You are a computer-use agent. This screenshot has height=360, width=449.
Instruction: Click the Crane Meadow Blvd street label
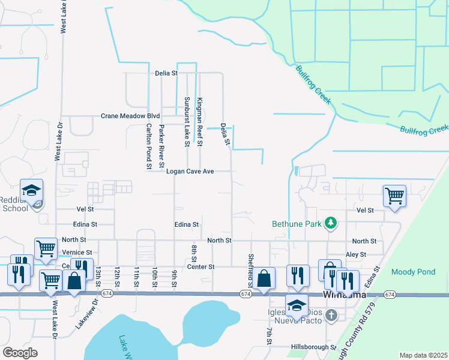pos(130,116)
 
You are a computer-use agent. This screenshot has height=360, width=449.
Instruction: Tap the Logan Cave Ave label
pos(190,172)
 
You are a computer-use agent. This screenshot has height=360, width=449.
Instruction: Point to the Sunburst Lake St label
pos(187,122)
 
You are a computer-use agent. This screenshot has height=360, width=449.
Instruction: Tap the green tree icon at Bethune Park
pos(330,224)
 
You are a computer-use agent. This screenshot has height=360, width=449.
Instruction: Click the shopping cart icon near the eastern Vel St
pos(394,195)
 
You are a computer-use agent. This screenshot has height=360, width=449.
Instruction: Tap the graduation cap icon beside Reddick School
pos(31,191)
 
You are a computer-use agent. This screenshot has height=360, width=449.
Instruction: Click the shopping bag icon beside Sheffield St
pos(264,278)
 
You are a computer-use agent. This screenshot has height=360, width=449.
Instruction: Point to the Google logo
pos(20,353)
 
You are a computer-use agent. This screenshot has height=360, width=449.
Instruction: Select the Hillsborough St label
pos(313,347)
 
